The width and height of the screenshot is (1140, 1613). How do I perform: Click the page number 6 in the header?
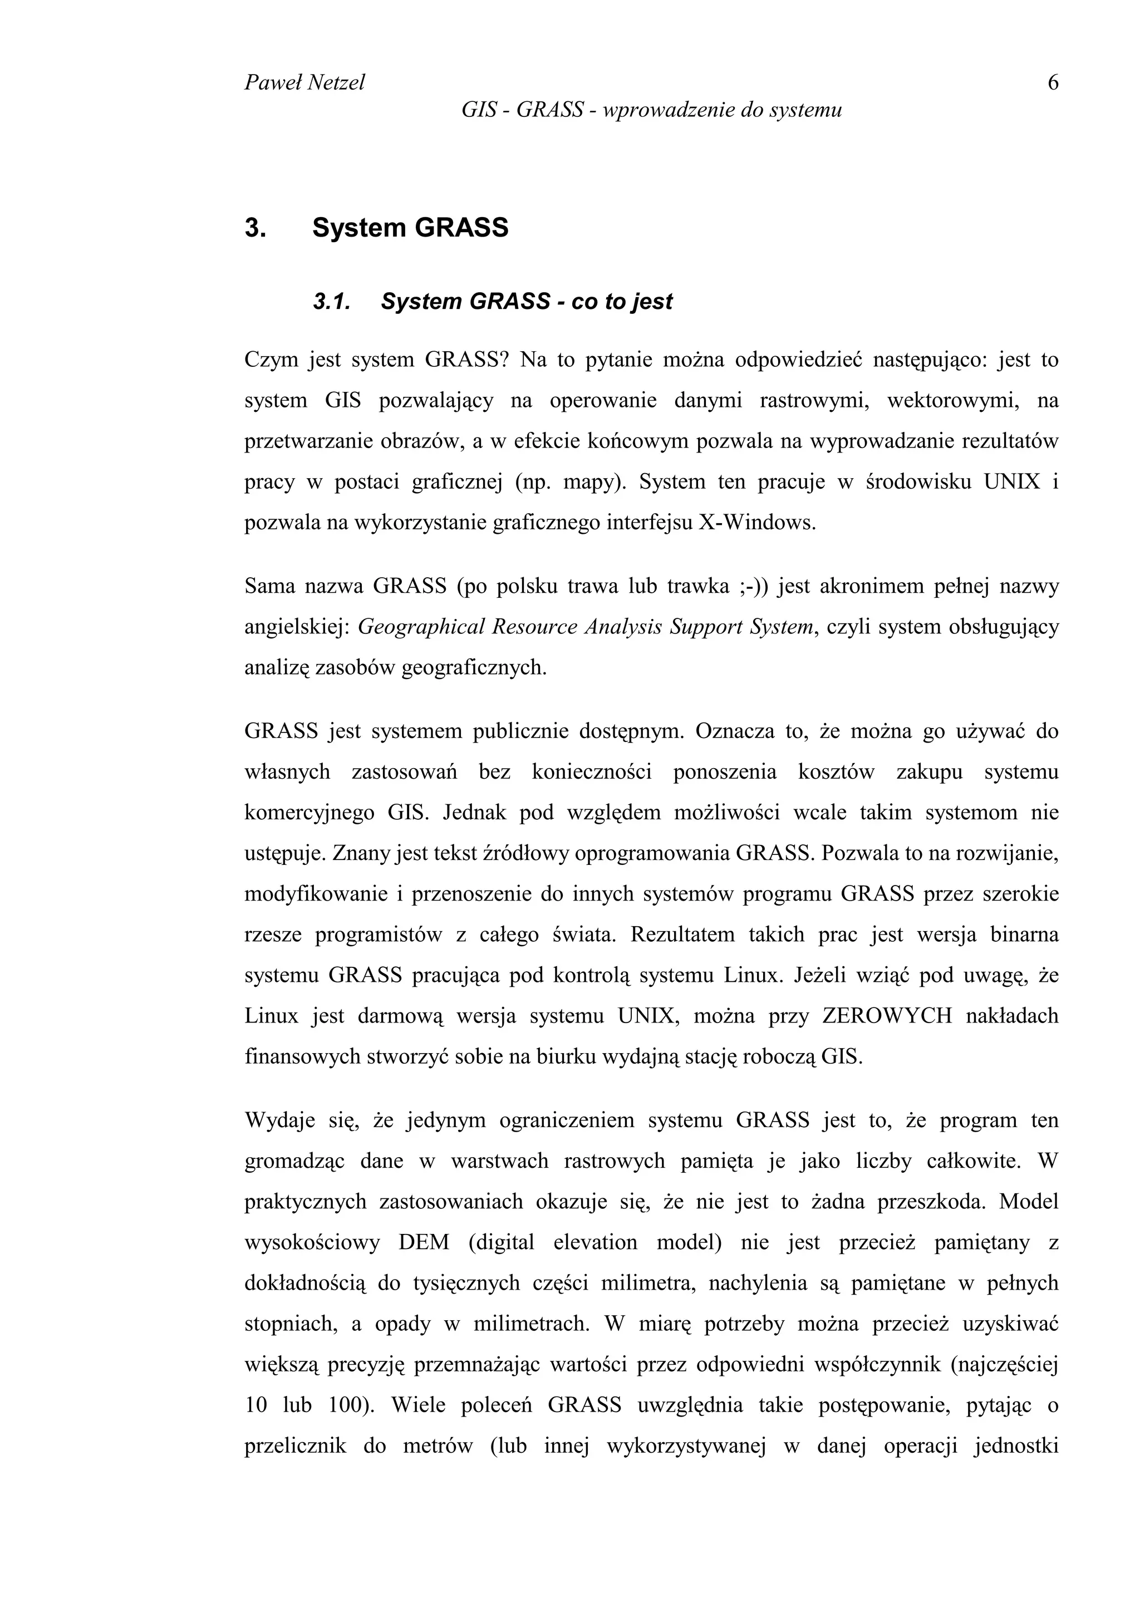pyautogui.click(x=1052, y=83)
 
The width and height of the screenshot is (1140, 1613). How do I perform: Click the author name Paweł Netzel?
pyautogui.click(x=304, y=83)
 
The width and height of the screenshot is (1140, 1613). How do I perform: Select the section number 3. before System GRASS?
pyautogui.click(x=254, y=228)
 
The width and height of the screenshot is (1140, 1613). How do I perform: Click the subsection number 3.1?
pyautogui.click(x=331, y=302)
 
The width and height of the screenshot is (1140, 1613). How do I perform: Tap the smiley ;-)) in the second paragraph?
pyautogui.click(x=754, y=586)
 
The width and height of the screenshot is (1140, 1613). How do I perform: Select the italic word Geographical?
pyautogui.click(x=421, y=627)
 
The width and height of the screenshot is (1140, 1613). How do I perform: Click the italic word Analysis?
pyautogui.click(x=622, y=627)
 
